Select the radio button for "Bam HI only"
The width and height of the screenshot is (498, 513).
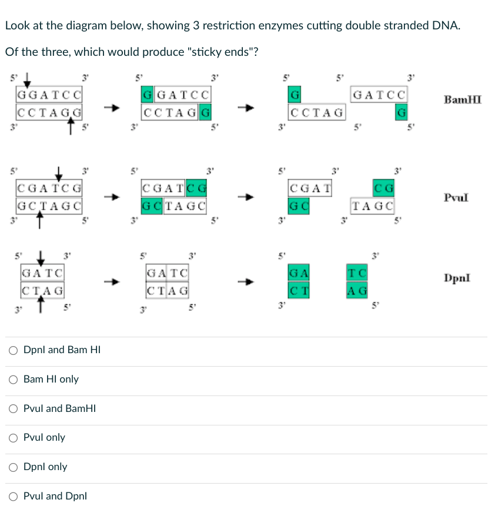pos(14,379)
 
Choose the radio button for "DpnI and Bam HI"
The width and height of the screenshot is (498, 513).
pos(14,350)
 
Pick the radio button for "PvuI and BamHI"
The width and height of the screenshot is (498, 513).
pos(14,408)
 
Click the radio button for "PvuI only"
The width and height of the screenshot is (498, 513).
pos(14,438)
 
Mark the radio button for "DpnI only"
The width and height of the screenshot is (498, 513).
pos(14,467)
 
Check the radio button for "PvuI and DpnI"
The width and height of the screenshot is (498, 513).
pos(14,496)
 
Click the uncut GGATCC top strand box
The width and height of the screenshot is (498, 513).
pos(49,94)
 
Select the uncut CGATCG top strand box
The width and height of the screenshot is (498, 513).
pos(49,189)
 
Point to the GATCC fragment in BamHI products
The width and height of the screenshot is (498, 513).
pos(379,94)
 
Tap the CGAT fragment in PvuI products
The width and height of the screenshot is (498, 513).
pos(310,189)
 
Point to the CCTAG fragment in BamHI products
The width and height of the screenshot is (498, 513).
pos(317,111)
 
